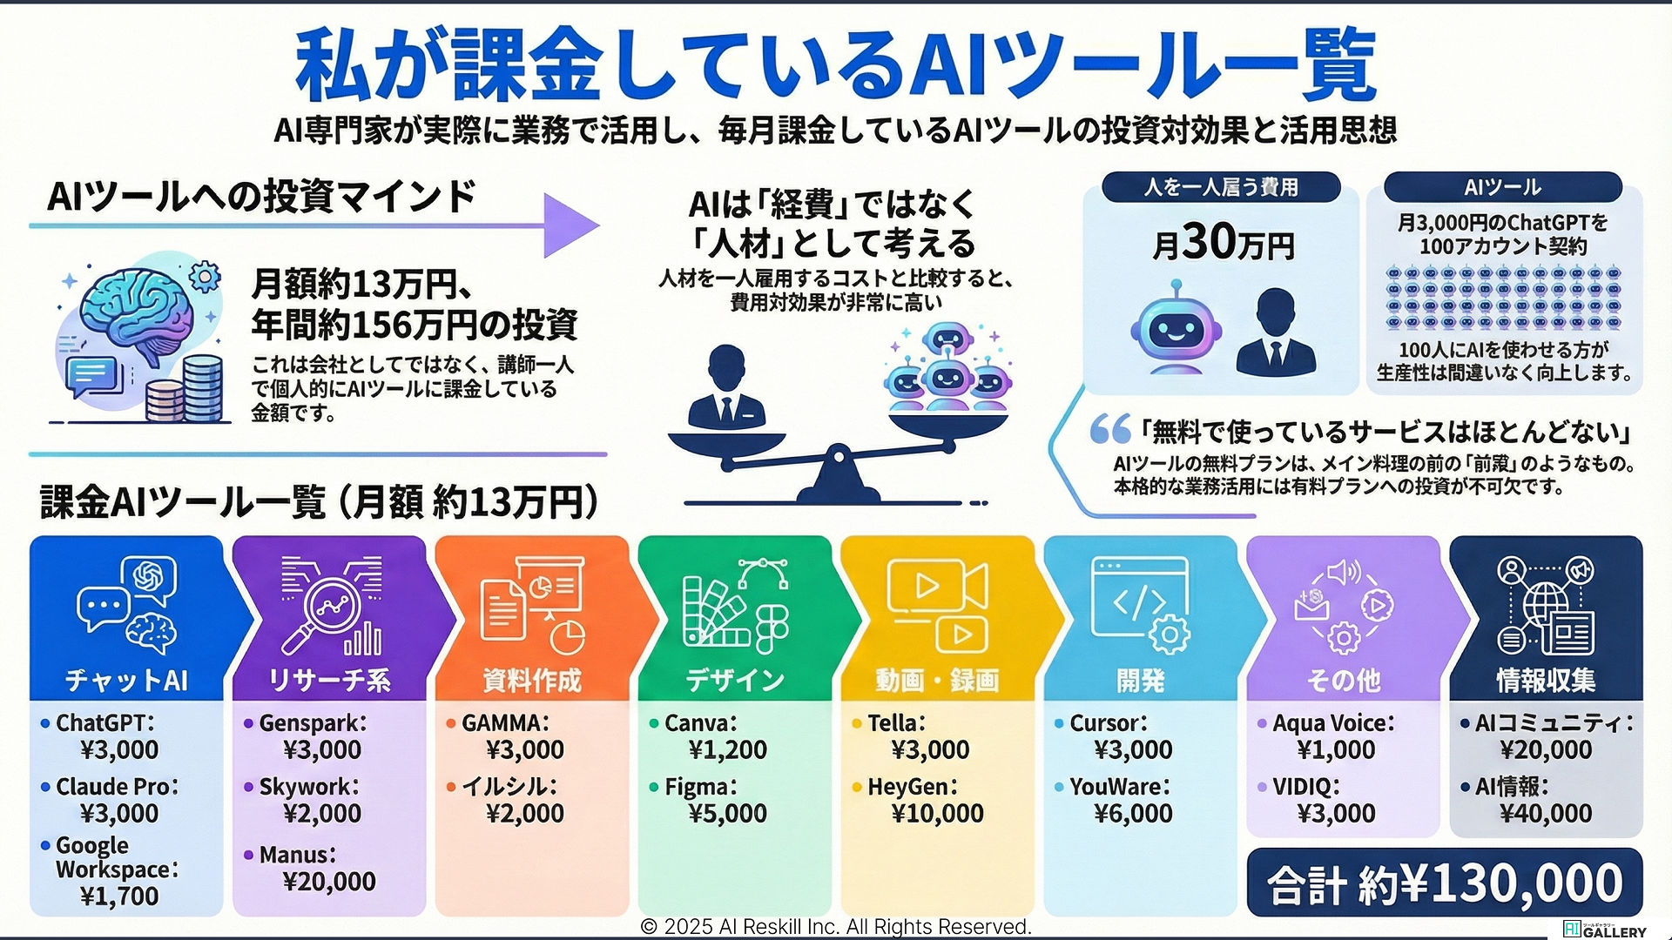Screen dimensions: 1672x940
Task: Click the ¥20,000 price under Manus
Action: tap(329, 882)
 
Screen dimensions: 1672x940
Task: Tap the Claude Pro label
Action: tap(117, 787)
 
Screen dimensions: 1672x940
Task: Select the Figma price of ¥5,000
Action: tap(727, 814)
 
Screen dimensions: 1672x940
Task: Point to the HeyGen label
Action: tap(913, 787)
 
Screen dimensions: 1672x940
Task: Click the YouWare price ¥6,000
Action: tap(1133, 814)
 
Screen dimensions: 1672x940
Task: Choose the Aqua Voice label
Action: tap(1333, 723)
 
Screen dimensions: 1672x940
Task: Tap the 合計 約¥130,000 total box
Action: tap(1445, 883)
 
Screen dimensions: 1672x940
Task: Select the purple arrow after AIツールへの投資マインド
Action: tap(570, 225)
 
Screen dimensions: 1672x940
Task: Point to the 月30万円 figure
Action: tap(1222, 242)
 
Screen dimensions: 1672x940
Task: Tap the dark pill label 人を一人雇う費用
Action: tap(1221, 187)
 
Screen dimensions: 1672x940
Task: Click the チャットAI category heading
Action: tap(127, 680)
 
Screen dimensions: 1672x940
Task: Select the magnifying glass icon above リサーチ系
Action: tap(324, 609)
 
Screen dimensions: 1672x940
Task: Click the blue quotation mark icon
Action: tap(1110, 428)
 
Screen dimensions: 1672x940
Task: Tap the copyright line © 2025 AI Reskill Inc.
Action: tap(836, 927)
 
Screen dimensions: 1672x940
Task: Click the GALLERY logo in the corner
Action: tap(1605, 930)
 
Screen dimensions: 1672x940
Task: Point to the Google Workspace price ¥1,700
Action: tap(119, 896)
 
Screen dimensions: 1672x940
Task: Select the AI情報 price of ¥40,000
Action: tap(1546, 814)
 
